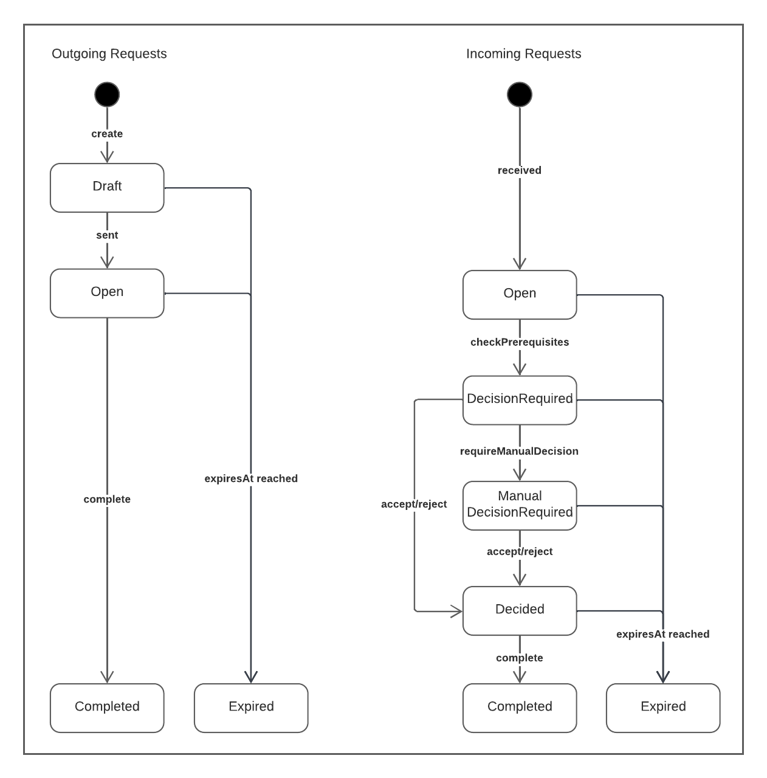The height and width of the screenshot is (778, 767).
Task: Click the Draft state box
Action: pos(107,187)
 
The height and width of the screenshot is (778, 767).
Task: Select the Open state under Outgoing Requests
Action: pos(107,293)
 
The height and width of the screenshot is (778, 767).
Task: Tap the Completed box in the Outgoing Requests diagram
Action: pos(107,707)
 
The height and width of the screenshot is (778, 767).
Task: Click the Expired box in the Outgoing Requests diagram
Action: pos(251,707)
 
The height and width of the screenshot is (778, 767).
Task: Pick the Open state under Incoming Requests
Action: pos(520,294)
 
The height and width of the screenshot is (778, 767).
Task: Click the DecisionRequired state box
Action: pos(520,399)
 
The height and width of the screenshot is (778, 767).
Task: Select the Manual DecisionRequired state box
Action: pos(520,505)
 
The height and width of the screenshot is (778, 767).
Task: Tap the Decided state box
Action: pos(520,610)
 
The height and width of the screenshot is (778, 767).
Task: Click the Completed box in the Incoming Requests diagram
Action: pos(520,707)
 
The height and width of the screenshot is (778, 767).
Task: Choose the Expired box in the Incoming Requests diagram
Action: pos(663,707)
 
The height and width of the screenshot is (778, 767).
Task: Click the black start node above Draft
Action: pos(107,95)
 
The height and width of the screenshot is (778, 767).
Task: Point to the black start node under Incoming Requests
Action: pos(520,95)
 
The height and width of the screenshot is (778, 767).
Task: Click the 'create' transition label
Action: pos(107,134)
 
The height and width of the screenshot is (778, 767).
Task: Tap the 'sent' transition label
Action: pos(107,235)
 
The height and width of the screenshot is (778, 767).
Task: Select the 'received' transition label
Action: pos(520,170)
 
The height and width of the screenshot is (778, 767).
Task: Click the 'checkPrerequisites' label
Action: pos(520,342)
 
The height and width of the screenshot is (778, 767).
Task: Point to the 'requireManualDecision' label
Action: pos(520,451)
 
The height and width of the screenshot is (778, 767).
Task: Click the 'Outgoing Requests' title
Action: pos(109,53)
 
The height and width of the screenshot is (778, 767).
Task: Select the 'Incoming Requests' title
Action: pos(523,53)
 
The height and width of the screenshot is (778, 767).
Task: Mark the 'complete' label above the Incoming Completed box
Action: pos(520,658)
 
